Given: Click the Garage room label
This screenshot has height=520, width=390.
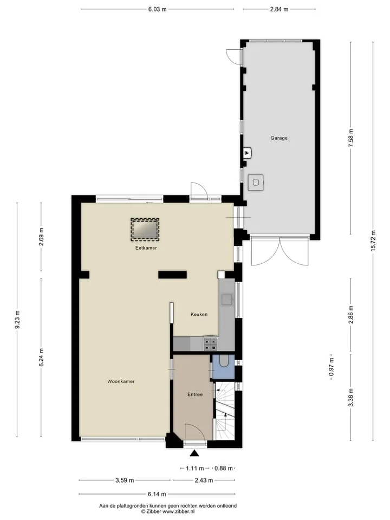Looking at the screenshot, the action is pyautogui.click(x=279, y=138).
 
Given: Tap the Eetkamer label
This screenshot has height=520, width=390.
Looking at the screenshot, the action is pyautogui.click(x=146, y=248).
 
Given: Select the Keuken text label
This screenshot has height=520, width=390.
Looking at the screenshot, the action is pyautogui.click(x=199, y=314).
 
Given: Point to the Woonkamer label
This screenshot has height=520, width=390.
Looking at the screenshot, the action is pyautogui.click(x=121, y=381).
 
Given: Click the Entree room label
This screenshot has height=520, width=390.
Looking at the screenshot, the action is pyautogui.click(x=195, y=394).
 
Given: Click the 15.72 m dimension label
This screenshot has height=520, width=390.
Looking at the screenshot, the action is pyautogui.click(x=373, y=240).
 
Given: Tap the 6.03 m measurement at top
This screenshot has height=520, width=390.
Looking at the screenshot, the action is pyautogui.click(x=157, y=9).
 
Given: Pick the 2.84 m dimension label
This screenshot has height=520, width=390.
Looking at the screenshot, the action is pyautogui.click(x=279, y=9).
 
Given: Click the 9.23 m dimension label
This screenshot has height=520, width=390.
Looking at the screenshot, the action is pyautogui.click(x=17, y=320).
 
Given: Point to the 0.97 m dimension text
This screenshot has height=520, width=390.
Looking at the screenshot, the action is pyautogui.click(x=331, y=367).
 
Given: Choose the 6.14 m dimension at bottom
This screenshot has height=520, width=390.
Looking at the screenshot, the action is pyautogui.click(x=157, y=494).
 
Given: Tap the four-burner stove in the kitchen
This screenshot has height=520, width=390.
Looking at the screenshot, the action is pyautogui.click(x=210, y=343).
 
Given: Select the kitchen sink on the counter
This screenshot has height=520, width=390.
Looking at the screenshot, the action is pyautogui.click(x=227, y=300).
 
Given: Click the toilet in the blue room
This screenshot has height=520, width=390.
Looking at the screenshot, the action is pyautogui.click(x=224, y=361).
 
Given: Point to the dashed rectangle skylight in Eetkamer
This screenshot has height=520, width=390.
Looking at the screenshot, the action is pyautogui.click(x=145, y=229).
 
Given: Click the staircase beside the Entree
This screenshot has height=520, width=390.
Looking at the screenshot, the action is pyautogui.click(x=225, y=411).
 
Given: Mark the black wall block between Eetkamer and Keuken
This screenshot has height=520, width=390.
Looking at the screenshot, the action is pyautogui.click(x=172, y=275).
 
